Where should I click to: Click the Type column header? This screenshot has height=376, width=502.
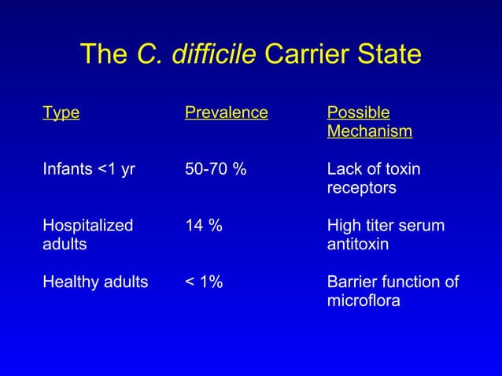point(61,112)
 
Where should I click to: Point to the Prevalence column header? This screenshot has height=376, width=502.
point(227,112)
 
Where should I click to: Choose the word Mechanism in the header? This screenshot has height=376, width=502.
point(369,131)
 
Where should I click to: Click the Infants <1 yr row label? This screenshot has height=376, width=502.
point(87,169)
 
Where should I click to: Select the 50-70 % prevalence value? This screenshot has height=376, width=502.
point(215,169)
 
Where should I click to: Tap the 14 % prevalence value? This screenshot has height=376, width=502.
point(203,226)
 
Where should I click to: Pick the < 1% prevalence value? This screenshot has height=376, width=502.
point(204,282)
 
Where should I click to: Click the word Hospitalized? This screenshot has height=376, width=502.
point(88,226)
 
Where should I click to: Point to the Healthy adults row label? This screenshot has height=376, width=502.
point(95,282)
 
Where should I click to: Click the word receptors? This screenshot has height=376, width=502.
point(361,189)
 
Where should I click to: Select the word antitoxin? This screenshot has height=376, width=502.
point(358,245)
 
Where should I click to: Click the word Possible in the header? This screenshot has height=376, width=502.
point(358,112)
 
